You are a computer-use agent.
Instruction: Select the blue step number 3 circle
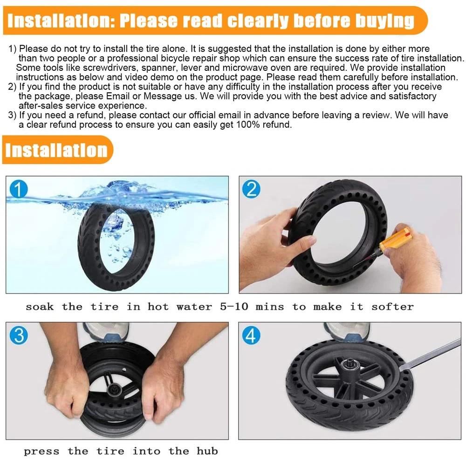19,335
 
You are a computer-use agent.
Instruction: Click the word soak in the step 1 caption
39,307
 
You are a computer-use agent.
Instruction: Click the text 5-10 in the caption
235,307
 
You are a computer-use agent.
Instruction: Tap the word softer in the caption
392,307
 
